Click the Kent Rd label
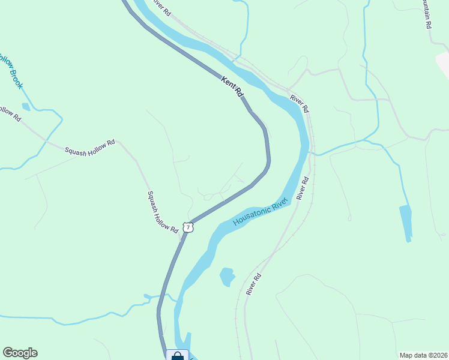(232, 86)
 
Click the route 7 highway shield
(188, 227)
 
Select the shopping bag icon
(177, 355)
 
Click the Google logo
(20, 353)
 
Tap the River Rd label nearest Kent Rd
(299, 103)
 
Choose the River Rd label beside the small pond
(254, 284)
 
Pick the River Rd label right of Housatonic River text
(302, 188)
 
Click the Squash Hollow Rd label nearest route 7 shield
(163, 212)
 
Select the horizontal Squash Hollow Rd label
(90, 146)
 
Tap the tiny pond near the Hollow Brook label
(26, 107)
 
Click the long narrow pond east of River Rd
(406, 223)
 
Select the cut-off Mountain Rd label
(426, 14)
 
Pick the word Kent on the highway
(227, 82)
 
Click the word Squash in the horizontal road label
(76, 149)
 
